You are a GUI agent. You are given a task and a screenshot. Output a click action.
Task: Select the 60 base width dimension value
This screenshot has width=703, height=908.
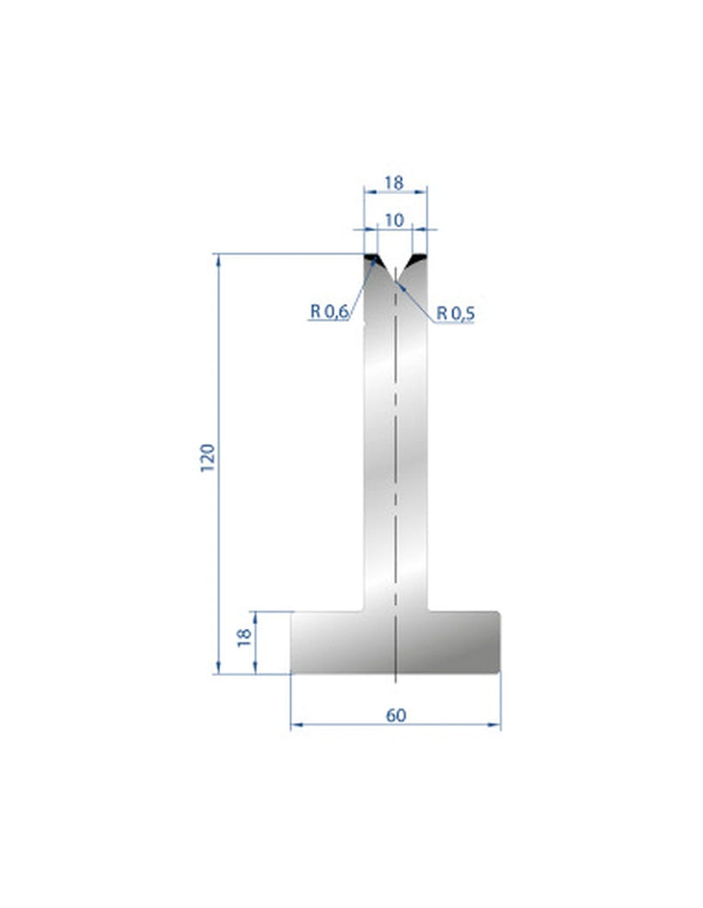tap(395, 715)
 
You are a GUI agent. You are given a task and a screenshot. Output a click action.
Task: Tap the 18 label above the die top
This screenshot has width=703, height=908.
tap(394, 183)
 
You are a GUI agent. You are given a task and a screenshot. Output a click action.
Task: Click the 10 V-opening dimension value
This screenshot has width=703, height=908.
tap(394, 219)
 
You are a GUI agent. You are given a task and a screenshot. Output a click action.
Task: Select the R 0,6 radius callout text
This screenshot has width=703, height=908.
tap(330, 311)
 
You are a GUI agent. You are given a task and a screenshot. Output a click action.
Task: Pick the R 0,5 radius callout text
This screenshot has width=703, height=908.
tap(456, 312)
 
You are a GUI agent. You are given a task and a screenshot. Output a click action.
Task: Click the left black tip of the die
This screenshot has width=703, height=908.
tap(372, 260)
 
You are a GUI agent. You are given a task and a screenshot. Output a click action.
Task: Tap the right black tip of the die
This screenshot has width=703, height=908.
tap(417, 260)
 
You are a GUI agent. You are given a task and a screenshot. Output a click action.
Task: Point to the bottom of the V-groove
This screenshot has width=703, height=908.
tap(394, 282)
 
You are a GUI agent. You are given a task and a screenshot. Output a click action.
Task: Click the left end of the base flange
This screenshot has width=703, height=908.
tap(294, 642)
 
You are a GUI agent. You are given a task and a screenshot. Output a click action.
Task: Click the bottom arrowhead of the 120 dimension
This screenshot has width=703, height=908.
tap(218, 669)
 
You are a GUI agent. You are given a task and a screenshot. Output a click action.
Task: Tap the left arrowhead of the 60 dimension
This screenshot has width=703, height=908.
tap(296, 725)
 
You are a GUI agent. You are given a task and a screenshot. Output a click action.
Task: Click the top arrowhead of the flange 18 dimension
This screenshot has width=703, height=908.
tap(255, 615)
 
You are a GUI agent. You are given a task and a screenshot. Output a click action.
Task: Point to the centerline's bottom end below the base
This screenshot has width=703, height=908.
tap(394, 683)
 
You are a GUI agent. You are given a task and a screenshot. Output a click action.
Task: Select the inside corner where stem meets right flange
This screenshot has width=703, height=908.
tap(429, 610)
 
